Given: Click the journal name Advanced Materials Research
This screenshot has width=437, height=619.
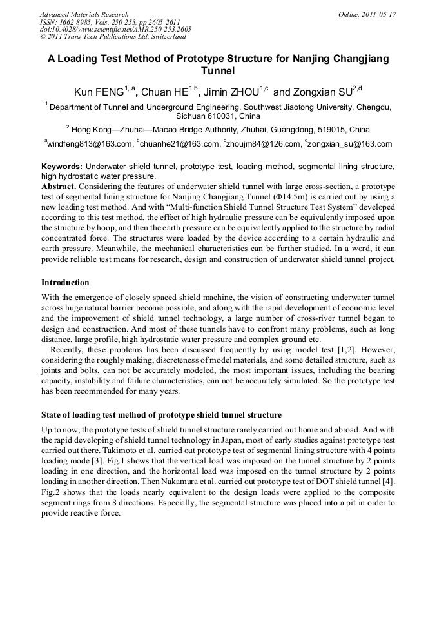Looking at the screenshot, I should tap(84, 14).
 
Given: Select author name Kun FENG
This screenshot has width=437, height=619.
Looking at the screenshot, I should tap(98, 92).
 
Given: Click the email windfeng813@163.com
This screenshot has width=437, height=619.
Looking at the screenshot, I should tap(90, 144).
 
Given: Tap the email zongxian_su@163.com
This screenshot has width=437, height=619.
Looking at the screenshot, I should tap(351, 144).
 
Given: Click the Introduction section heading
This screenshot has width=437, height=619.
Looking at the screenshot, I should tap(65, 283).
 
